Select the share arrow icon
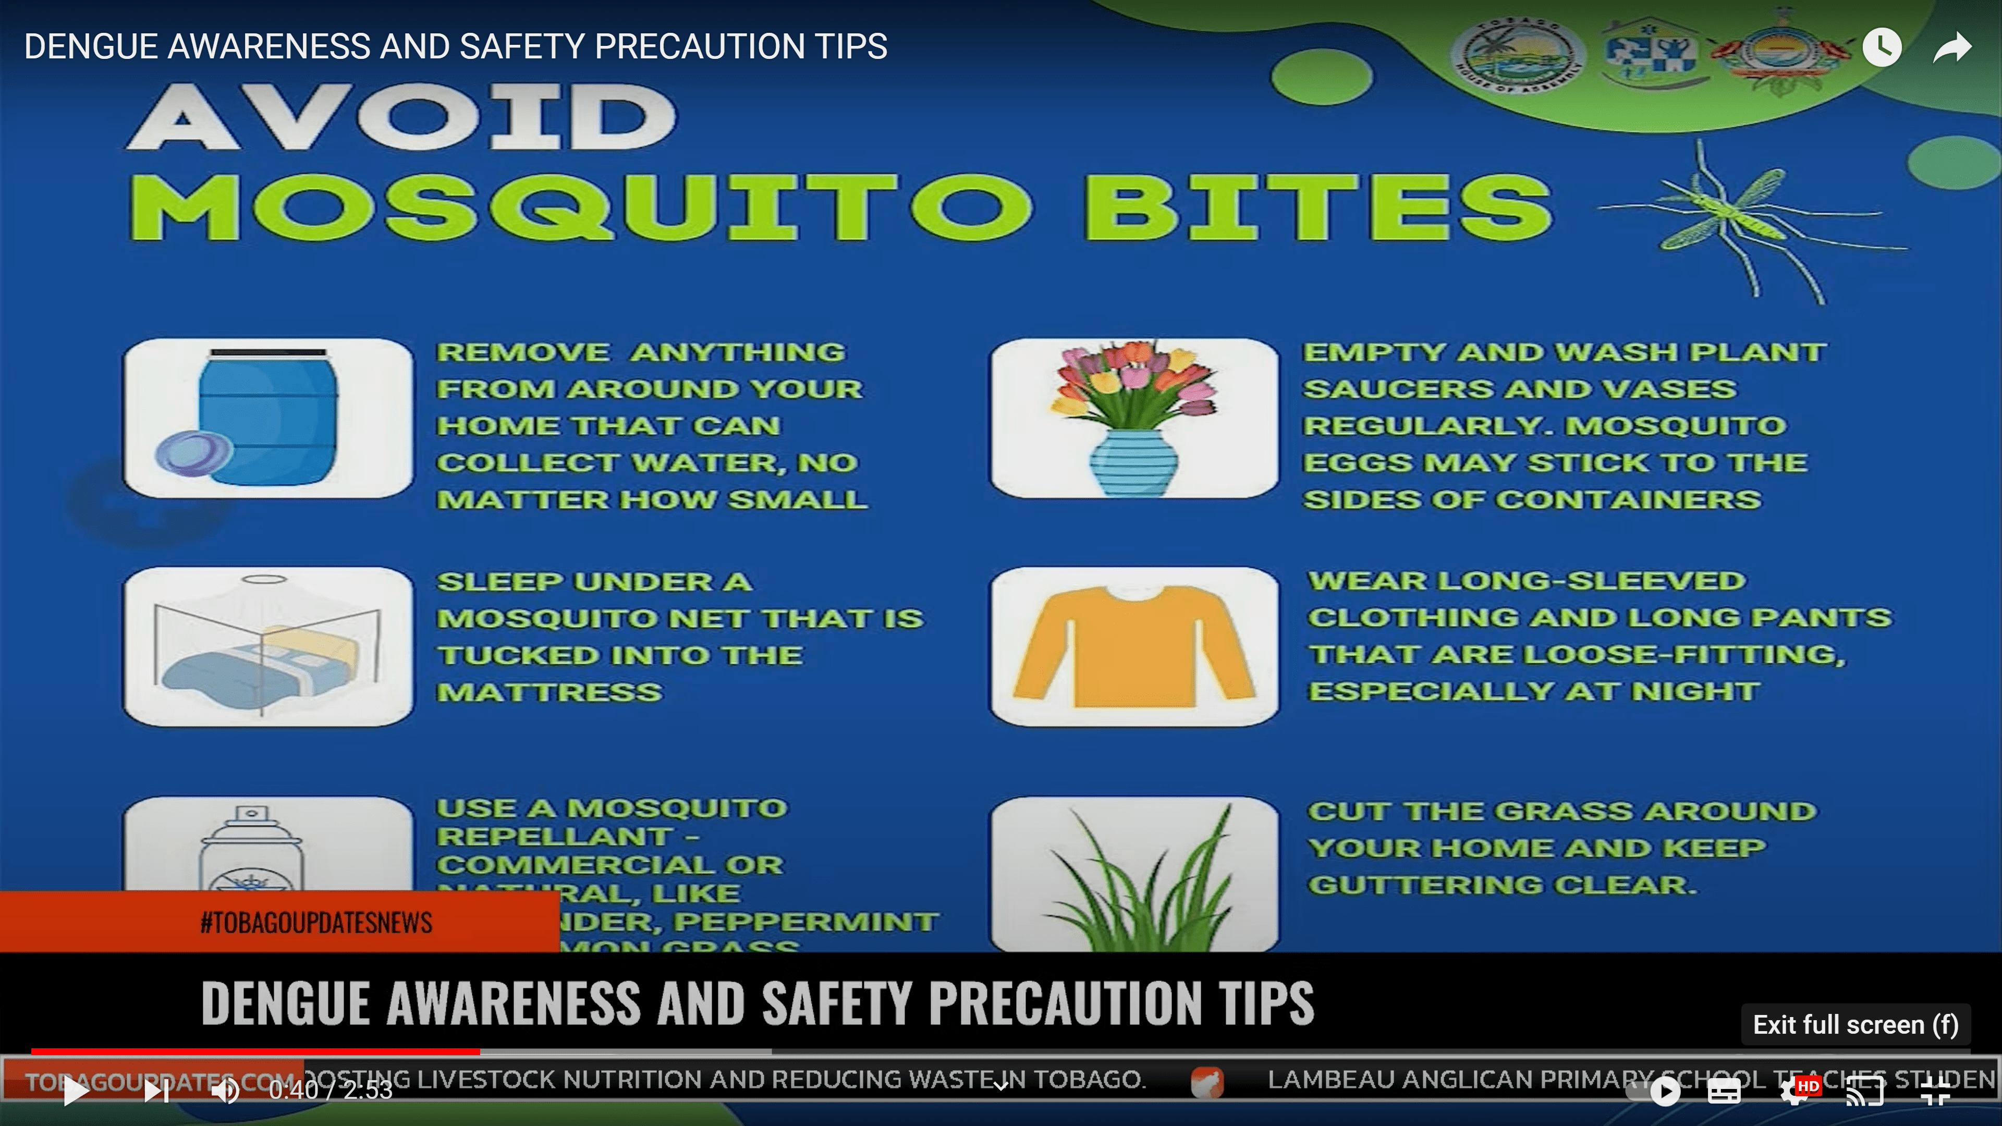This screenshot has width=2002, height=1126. (1951, 48)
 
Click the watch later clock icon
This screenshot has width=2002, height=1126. (1882, 48)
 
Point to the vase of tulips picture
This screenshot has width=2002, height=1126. (1134, 418)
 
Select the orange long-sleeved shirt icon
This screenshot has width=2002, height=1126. (1134, 646)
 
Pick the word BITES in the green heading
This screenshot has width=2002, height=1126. (1317, 206)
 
